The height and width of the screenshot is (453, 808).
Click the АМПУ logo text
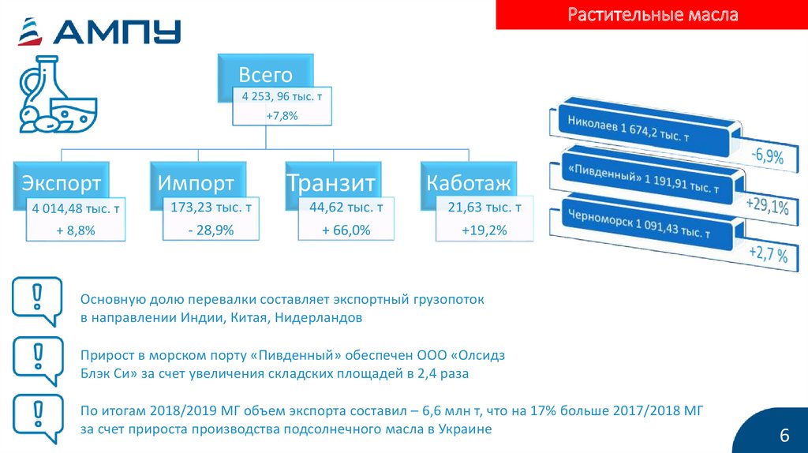[117, 32]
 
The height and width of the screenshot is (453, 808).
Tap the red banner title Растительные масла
[653, 14]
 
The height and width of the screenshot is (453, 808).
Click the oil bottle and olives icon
[58, 95]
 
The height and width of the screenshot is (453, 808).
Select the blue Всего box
[265, 75]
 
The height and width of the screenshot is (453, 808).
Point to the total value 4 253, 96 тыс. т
[282, 96]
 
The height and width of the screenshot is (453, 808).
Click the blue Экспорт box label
[61, 183]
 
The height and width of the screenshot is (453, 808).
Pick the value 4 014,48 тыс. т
[76, 208]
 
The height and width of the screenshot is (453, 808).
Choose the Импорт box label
[196, 183]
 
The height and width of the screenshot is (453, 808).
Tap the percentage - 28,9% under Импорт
[211, 230]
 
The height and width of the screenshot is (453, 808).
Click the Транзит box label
[331, 183]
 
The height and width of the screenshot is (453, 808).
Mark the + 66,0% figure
[346, 230]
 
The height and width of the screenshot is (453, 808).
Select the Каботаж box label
[469, 183]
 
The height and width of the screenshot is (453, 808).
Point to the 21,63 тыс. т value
[484, 208]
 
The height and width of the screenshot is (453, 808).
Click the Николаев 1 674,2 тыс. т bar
[646, 129]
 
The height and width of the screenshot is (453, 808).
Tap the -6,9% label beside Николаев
[767, 155]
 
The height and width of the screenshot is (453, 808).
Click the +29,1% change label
[767, 205]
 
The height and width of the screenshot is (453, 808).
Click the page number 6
[784, 436]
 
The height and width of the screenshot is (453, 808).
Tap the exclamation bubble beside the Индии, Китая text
[37, 301]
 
